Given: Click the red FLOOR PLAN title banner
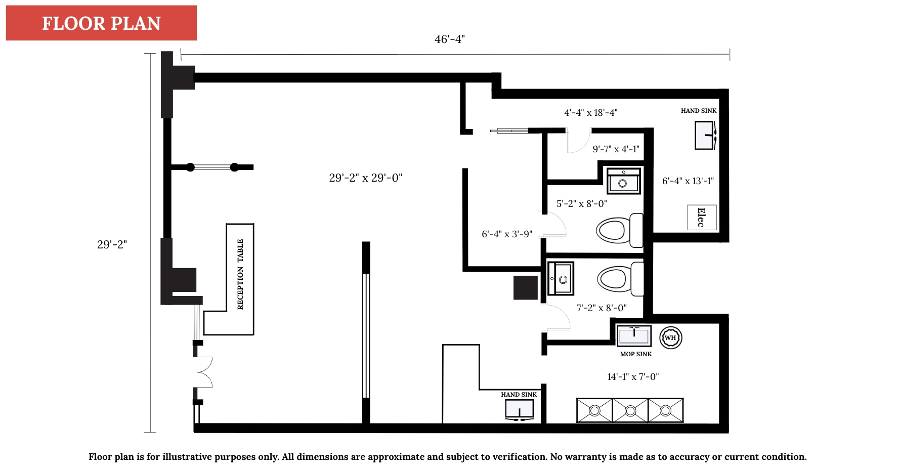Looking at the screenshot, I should pos(101,23).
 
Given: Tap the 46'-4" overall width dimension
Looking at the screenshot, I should pos(449,39).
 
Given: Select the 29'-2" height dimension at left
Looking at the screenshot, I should pos(112,244).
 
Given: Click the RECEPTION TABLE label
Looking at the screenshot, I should pos(240,274).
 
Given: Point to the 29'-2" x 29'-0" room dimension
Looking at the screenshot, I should pos(365,178).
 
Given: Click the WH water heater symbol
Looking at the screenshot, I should pos(670,337).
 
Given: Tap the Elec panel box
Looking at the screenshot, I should pos(702,218).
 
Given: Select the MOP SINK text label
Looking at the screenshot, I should pos(636,354).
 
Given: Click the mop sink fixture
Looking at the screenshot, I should pos(634,335).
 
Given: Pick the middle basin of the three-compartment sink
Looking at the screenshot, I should pos(630,410).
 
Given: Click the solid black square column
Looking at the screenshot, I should pos(525,287).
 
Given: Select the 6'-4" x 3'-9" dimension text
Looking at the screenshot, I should pos(506,234).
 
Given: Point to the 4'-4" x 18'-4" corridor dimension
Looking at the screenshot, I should pos(590,112).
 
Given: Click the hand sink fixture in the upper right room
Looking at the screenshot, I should pos(705,135).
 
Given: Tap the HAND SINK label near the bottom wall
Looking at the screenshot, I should pos(519,395).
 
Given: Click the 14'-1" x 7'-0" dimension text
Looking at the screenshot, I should pos(633,377).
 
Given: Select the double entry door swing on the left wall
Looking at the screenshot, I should pos(203,372).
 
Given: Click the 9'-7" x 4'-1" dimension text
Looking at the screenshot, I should pos(616,149).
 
